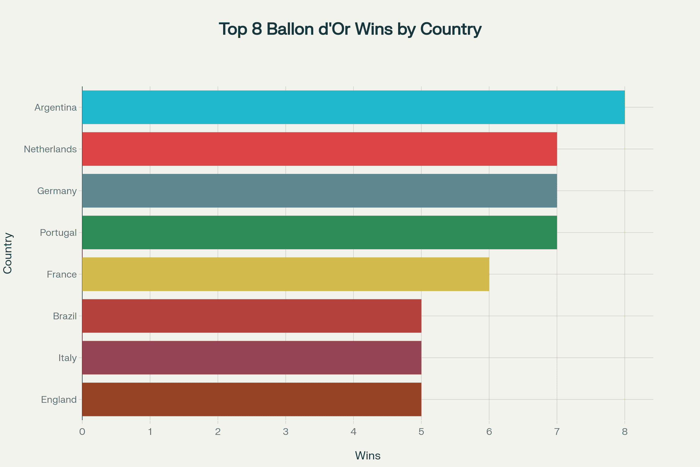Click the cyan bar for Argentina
(353, 107)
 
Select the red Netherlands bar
(319, 149)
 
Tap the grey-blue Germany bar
(319, 191)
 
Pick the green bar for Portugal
(319, 232)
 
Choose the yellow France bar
(286, 274)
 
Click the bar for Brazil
(251, 316)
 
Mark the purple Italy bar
(251, 357)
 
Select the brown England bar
(251, 399)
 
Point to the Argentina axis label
(56, 107)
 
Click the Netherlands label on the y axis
(50, 149)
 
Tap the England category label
(59, 399)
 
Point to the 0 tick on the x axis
(82, 432)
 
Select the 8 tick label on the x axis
(625, 432)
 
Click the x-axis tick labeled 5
(421, 432)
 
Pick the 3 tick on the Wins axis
(286, 432)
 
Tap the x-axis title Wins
(367, 456)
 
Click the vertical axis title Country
(8, 253)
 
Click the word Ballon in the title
(290, 29)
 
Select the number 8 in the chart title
(257, 29)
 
